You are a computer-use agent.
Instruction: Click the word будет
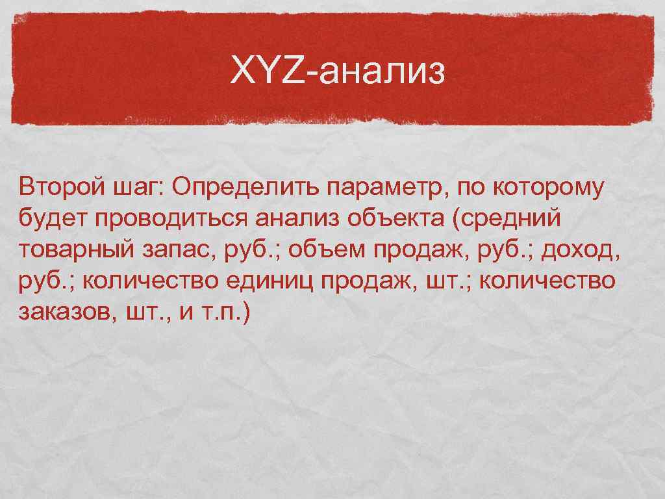(54, 219)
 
